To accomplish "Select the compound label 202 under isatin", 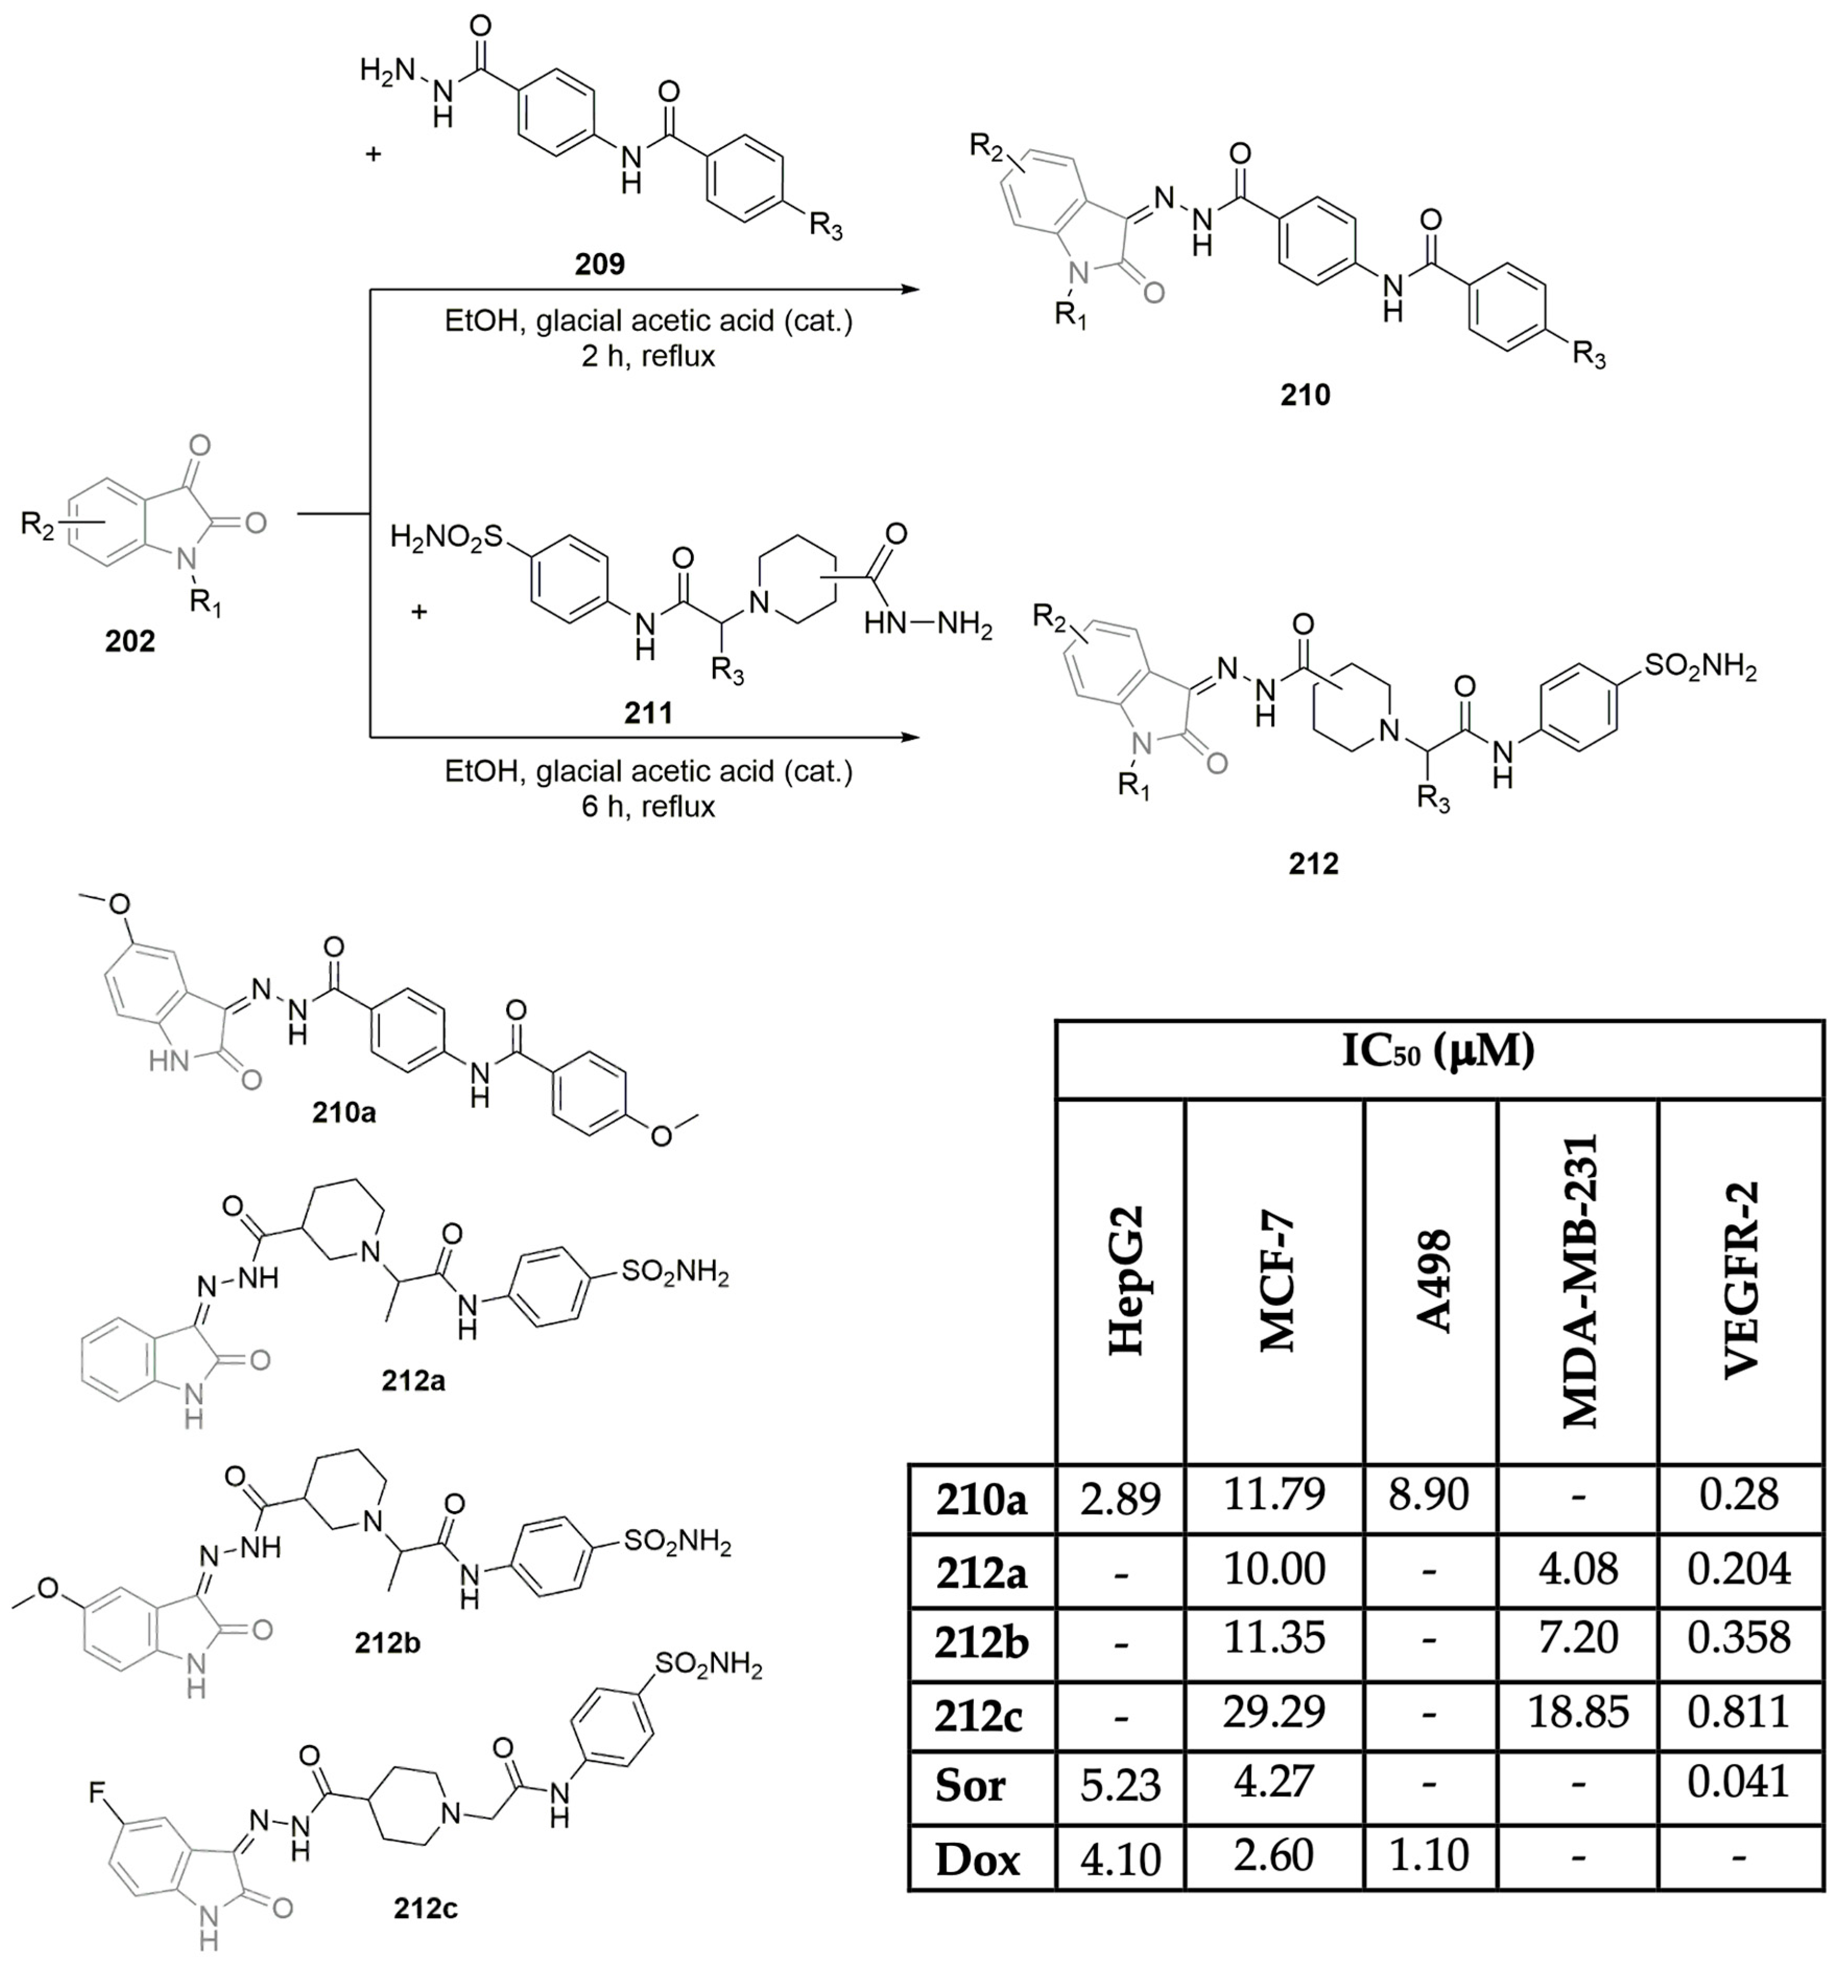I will click(x=130, y=642).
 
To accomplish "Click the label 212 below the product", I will click(x=1313, y=864).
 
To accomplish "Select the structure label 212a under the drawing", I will click(x=413, y=1379).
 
